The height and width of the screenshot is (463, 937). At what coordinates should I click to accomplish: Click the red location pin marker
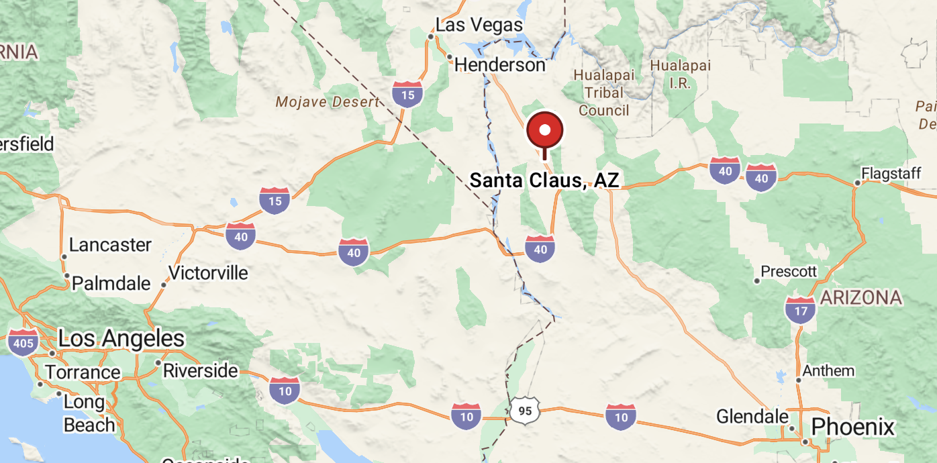[x=544, y=131]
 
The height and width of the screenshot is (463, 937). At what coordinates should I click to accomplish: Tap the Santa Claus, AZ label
[x=544, y=180]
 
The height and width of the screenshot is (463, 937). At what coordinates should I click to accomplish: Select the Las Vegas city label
[x=479, y=25]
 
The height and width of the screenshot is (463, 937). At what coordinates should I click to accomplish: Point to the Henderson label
[x=499, y=64]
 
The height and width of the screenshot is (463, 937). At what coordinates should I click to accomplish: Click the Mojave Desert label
[x=328, y=102]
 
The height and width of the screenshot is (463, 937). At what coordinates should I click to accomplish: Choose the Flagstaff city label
[x=891, y=174]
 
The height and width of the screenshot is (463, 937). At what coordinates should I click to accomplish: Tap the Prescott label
[x=788, y=272]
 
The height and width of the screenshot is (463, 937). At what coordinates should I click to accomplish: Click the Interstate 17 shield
[x=800, y=309]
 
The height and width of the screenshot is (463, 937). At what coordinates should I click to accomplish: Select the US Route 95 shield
[x=524, y=410]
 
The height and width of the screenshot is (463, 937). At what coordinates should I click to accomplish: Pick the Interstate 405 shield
[x=23, y=342]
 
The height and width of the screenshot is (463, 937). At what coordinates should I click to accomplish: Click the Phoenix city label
[x=852, y=427]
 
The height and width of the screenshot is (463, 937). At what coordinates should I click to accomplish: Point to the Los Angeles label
[x=121, y=339]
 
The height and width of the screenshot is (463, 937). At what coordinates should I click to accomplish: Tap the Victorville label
[x=207, y=273]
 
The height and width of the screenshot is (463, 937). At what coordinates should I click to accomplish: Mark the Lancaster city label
[x=110, y=245]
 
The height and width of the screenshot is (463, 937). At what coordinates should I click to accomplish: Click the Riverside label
[x=200, y=370]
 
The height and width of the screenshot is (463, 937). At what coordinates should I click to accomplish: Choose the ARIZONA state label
[x=860, y=297]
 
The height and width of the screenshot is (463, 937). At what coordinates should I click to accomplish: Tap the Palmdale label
[x=111, y=283]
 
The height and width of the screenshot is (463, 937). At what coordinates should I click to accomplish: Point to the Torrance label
[x=82, y=372]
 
